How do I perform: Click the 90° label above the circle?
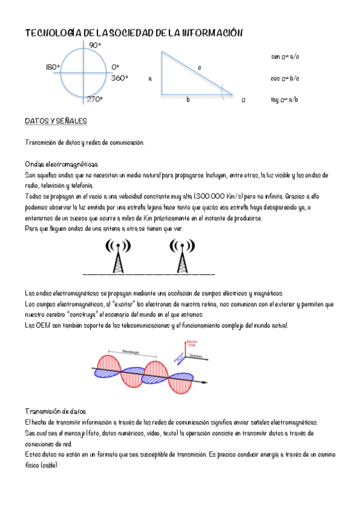(95, 45)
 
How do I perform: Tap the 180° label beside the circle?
(52, 67)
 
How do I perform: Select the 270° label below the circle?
(94, 99)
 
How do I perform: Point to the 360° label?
(120, 78)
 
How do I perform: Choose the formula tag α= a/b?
(285, 99)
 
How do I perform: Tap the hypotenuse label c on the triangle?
(199, 67)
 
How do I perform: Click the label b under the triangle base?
(188, 99)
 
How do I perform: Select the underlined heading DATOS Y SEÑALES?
(56, 121)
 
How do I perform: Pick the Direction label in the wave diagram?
(198, 357)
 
